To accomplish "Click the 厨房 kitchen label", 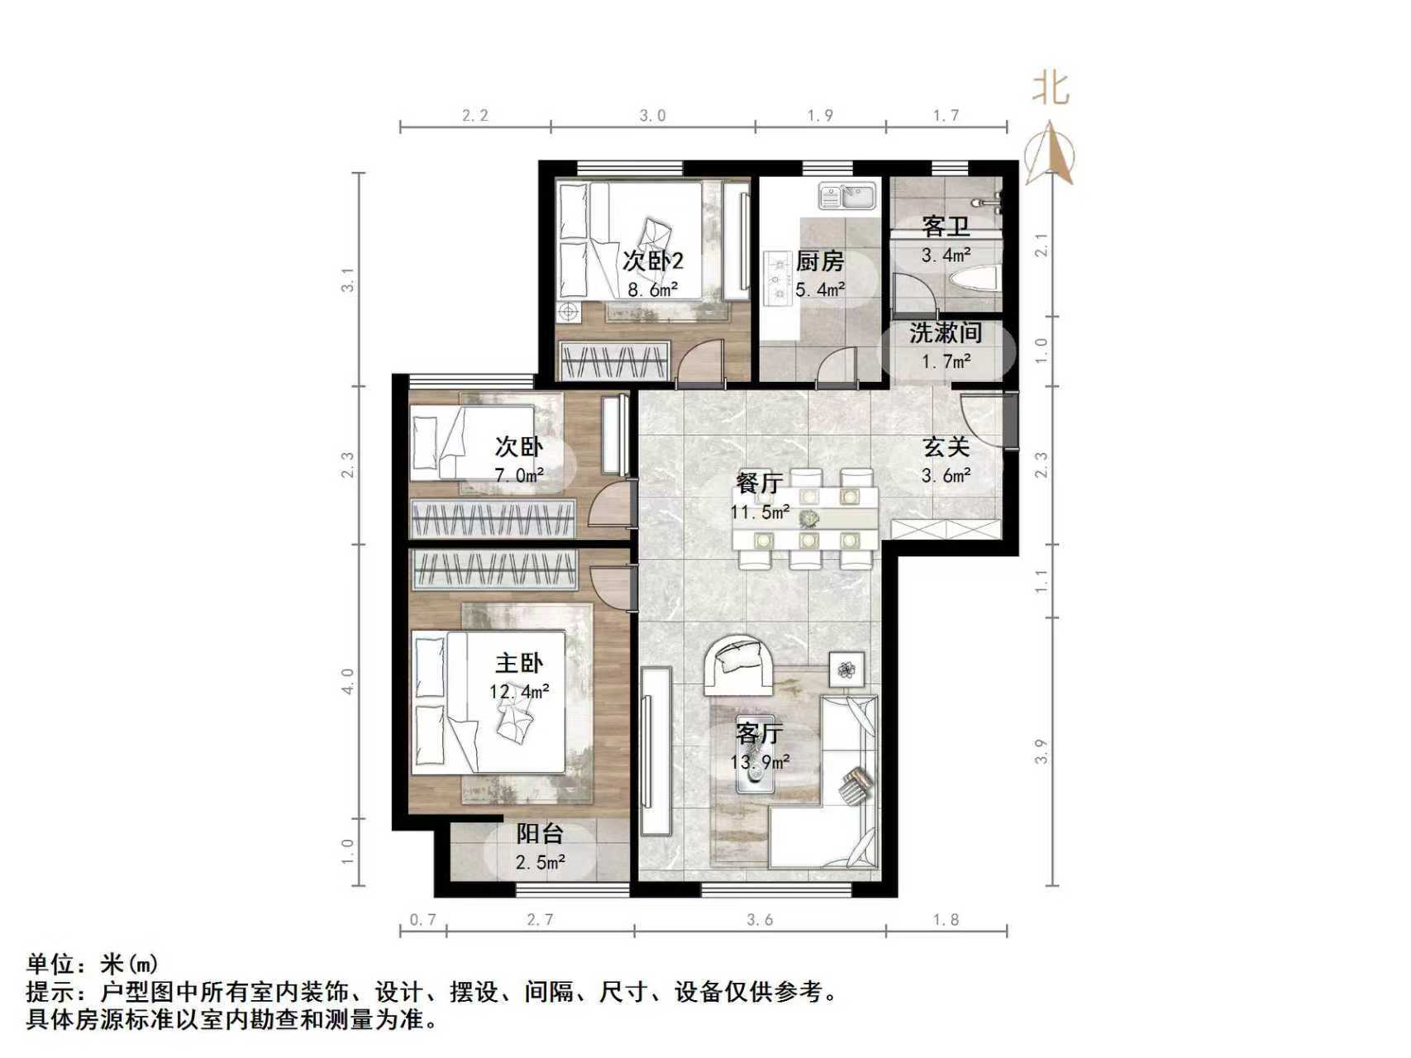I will click(x=820, y=261).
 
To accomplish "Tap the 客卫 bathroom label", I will click(x=946, y=225).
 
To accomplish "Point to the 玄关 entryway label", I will click(x=946, y=447).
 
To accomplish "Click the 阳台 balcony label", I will click(x=540, y=833).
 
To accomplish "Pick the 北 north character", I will click(x=1051, y=88).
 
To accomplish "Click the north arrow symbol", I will click(x=1050, y=154).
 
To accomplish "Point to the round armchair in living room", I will click(x=738, y=664).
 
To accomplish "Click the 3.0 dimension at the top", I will click(x=652, y=115).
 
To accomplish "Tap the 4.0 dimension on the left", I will click(x=349, y=681).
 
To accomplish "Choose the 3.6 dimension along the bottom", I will click(x=760, y=919).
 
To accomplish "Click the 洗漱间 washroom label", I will click(x=946, y=333).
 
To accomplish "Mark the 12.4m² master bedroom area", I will click(x=519, y=691).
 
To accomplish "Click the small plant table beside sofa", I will click(x=846, y=669).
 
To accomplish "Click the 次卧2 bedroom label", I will click(x=652, y=261).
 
